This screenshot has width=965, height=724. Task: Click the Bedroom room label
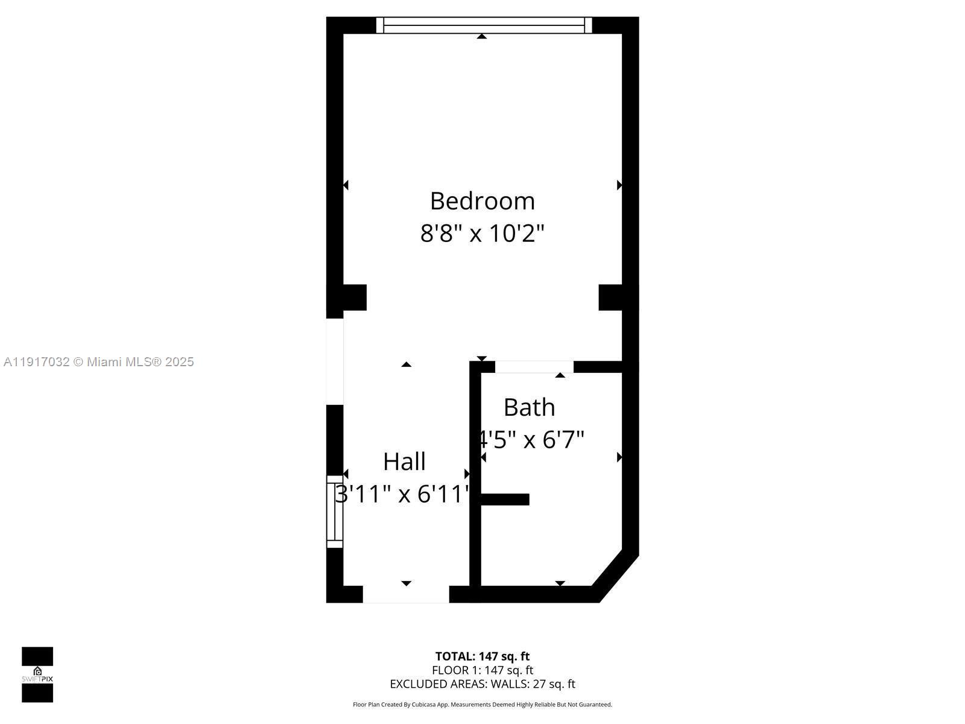click(482, 201)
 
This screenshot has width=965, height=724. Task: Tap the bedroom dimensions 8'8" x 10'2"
click(482, 233)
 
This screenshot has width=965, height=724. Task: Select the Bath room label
click(529, 407)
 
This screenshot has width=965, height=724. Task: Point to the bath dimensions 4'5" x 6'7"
click(531, 440)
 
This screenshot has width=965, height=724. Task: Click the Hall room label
click(404, 462)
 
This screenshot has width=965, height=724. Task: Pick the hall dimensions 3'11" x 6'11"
click(403, 494)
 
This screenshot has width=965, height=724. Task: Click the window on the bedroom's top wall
click(484, 25)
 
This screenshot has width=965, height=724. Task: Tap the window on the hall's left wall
click(335, 511)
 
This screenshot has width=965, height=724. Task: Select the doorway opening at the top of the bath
click(534, 367)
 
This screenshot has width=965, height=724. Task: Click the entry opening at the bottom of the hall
click(406, 594)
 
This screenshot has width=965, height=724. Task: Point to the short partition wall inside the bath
click(505, 499)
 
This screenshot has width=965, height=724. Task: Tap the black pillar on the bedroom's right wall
click(610, 297)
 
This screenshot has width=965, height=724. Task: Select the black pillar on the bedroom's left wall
click(354, 297)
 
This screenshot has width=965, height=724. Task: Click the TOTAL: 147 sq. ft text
click(482, 656)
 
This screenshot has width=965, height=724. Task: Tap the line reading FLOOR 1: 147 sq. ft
click(482, 670)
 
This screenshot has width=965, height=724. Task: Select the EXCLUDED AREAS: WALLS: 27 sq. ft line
click(482, 684)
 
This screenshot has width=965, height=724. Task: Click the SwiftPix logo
click(37, 675)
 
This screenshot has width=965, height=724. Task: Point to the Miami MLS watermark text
click(98, 362)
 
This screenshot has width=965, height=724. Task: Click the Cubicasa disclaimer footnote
click(482, 704)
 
